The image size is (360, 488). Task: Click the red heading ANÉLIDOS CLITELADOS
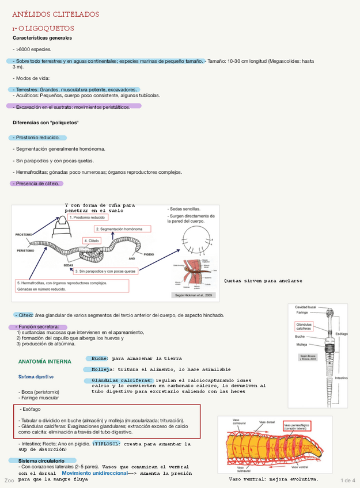click(55, 14)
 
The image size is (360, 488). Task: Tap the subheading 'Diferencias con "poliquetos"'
click(46, 123)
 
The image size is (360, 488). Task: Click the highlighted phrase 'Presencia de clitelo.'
click(37, 184)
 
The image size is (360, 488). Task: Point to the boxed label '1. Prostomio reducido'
click(89, 218)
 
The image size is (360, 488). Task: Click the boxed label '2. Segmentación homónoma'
click(120, 228)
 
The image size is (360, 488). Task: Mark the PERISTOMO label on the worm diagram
click(25, 250)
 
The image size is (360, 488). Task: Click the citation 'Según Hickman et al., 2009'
click(193, 295)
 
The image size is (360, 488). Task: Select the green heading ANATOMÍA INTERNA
click(45, 362)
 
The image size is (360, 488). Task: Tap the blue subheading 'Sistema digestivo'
click(36, 377)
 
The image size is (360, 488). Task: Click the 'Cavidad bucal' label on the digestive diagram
click(305, 307)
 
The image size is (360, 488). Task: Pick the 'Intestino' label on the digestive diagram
click(342, 378)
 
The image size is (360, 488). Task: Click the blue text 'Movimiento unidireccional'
click(94, 472)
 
